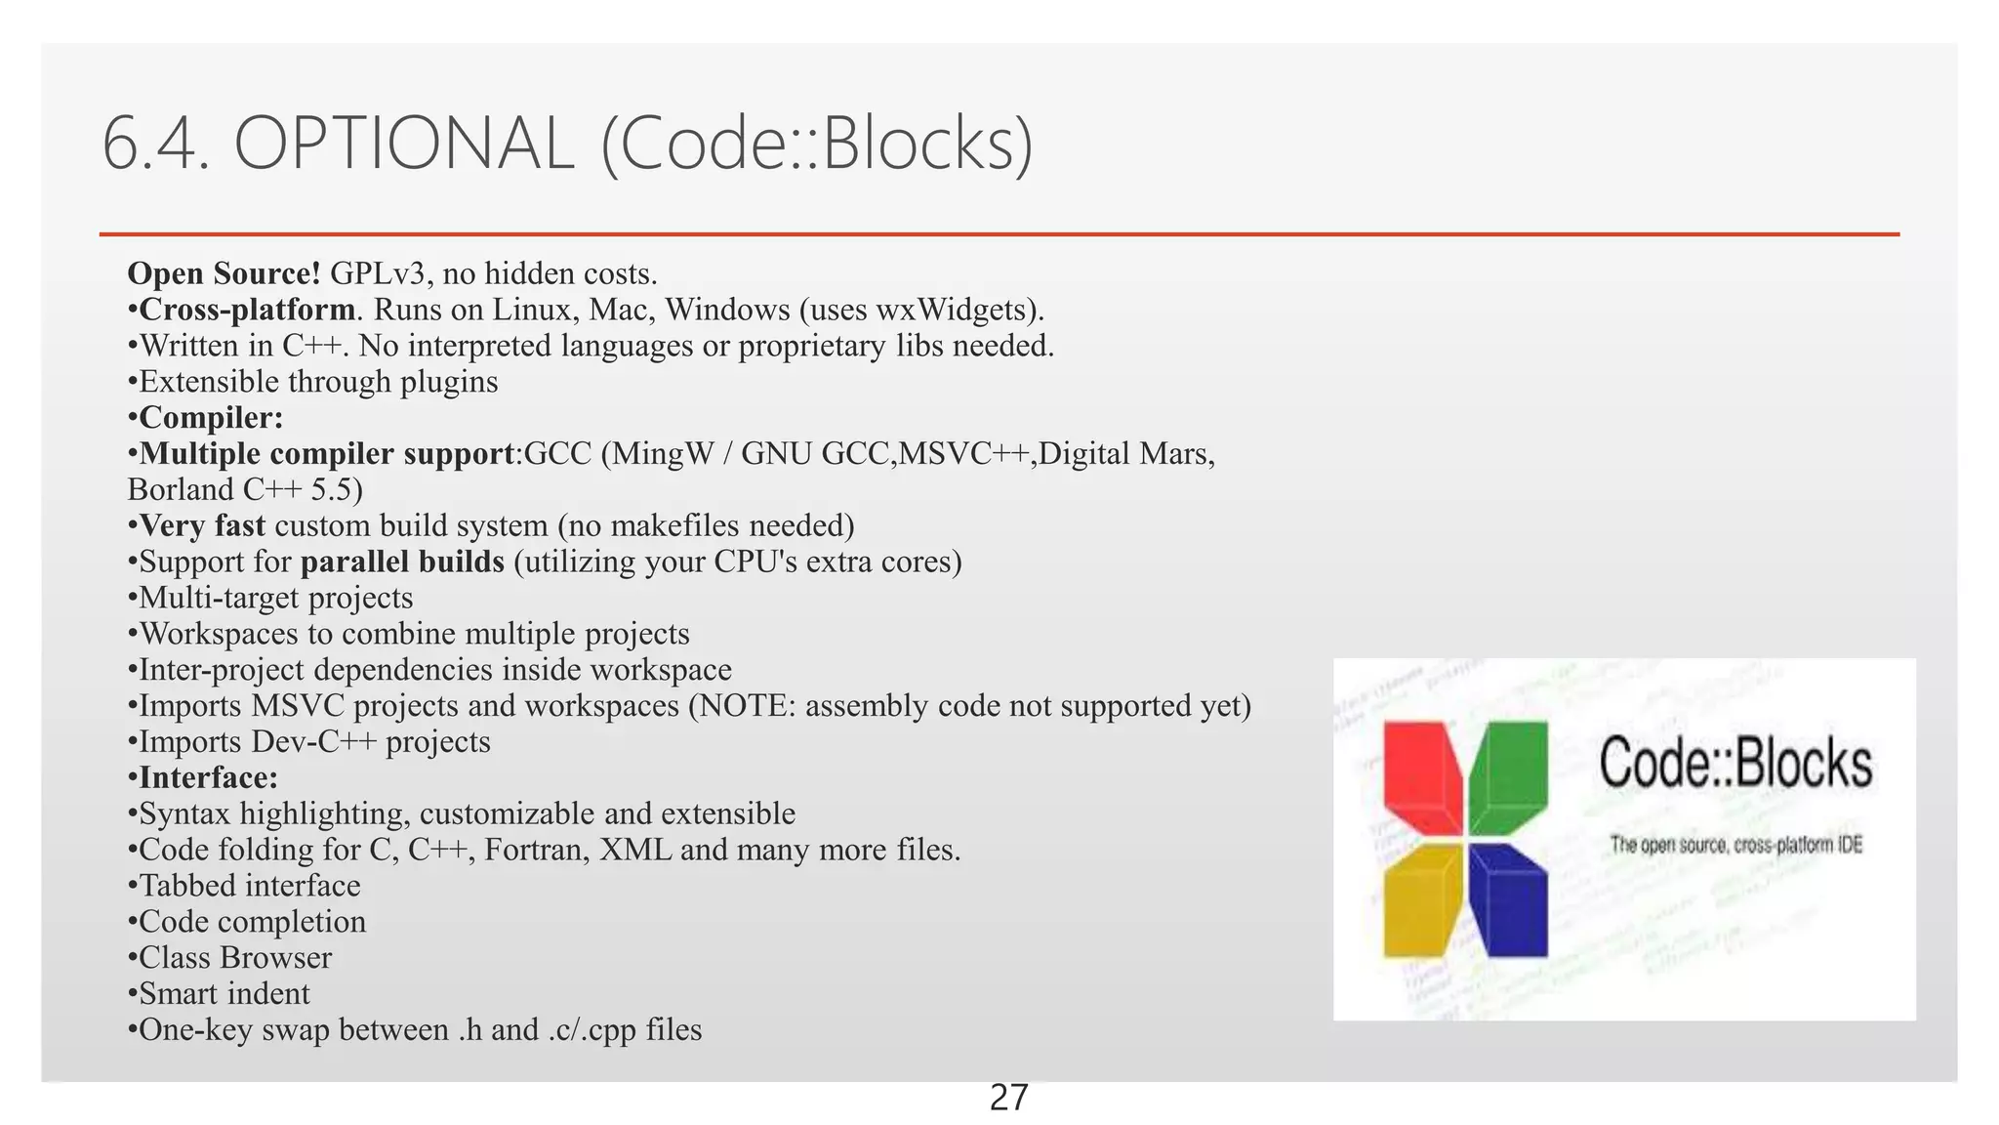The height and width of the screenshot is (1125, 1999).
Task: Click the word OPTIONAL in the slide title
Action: (403, 145)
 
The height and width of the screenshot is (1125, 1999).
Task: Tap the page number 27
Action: (1008, 1099)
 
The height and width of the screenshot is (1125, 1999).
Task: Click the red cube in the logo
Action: (1423, 776)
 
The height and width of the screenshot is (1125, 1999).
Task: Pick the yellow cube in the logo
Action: (1423, 900)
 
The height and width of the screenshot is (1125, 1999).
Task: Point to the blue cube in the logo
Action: (1509, 900)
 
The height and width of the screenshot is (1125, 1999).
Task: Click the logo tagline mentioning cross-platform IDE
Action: (1735, 845)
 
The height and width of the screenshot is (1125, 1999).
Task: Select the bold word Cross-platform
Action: (247, 310)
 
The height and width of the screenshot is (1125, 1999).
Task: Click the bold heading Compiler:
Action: (211, 418)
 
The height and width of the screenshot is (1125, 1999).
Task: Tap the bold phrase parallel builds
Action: (402, 562)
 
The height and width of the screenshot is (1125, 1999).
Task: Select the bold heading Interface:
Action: (208, 777)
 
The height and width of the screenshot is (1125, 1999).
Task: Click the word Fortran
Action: (536, 850)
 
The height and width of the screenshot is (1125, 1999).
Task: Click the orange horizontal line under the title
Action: (999, 234)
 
